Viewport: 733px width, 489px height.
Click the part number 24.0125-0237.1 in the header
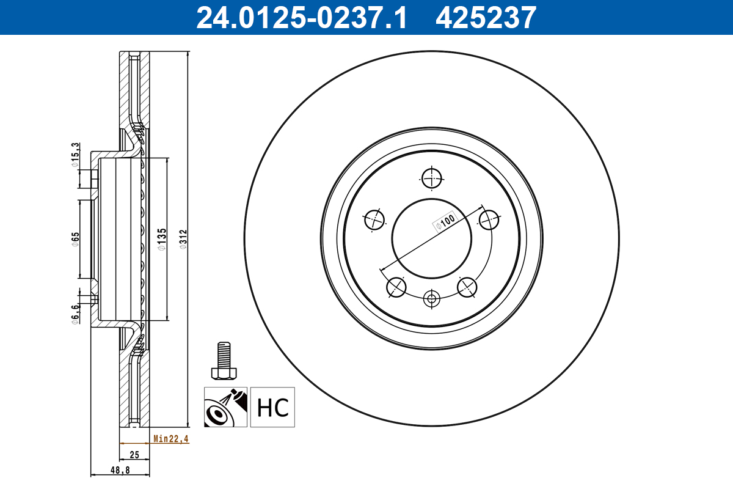(301, 17)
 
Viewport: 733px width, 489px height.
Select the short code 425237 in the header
(486, 17)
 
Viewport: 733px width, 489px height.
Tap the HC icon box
(272, 407)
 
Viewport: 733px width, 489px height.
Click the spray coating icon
(226, 407)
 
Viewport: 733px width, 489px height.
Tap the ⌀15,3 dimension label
(75, 153)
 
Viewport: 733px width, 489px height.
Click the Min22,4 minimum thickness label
(170, 438)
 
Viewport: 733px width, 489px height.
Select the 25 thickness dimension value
(135, 454)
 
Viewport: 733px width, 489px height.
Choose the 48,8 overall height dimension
(120, 471)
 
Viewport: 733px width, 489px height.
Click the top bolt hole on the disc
(432, 178)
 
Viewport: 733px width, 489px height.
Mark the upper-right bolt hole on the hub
(489, 219)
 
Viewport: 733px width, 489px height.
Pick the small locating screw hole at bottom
(432, 299)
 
